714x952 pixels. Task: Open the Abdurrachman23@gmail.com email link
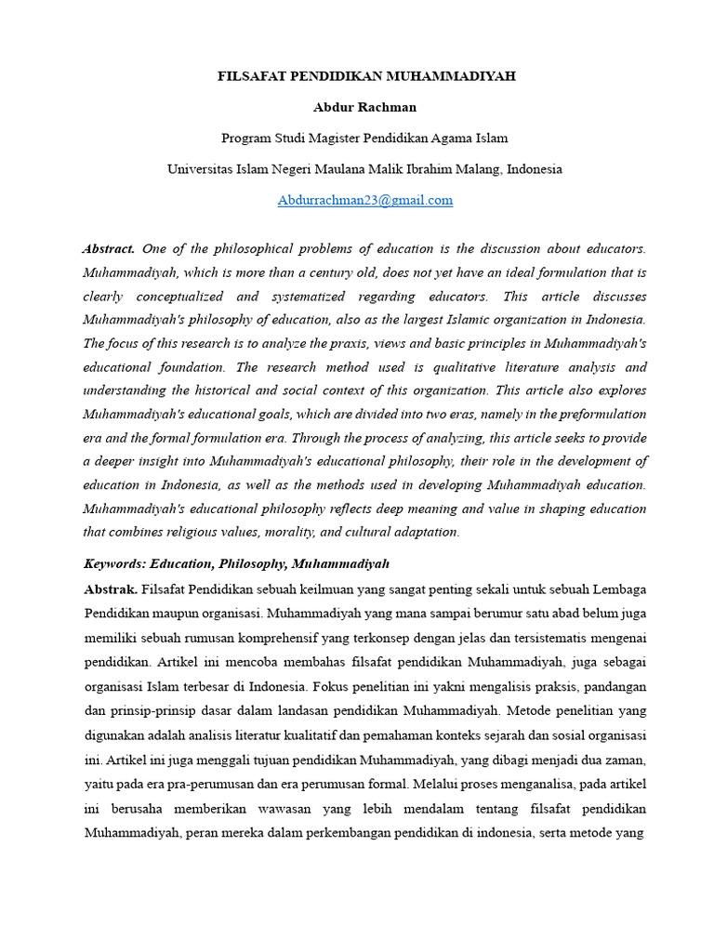pyautogui.click(x=365, y=200)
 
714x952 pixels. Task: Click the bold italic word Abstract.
pyautogui.click(x=109, y=249)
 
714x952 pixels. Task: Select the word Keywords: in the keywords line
pyautogui.click(x=114, y=564)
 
